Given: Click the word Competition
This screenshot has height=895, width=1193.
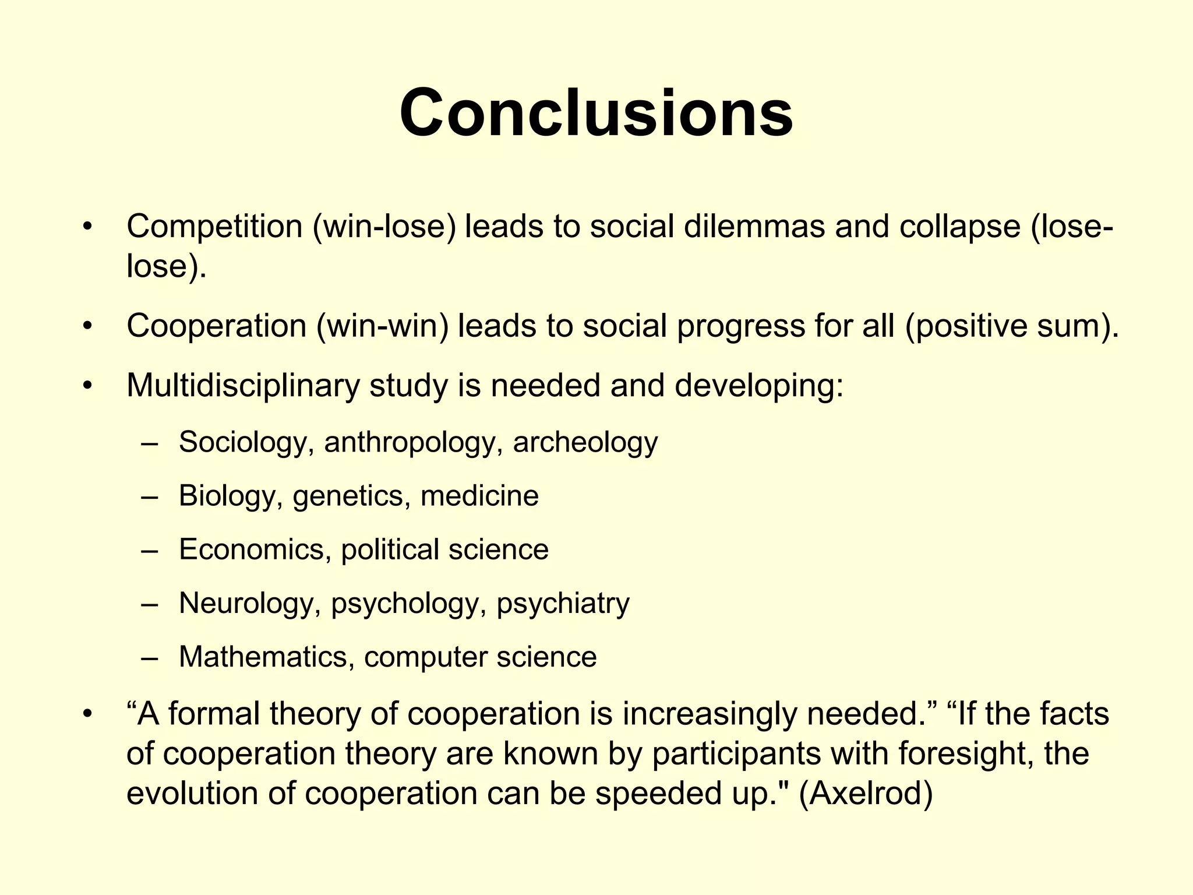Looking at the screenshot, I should coord(214,226).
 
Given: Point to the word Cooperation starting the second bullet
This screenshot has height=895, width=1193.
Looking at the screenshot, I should coord(216,326).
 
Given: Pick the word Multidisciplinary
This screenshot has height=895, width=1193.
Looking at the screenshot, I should coord(243,386).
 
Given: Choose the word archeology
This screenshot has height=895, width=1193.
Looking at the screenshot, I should coord(585,442).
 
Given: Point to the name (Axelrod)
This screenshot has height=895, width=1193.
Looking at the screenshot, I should coord(866,794).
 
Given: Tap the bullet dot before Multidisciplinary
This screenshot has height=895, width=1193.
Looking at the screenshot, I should coord(87,386).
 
